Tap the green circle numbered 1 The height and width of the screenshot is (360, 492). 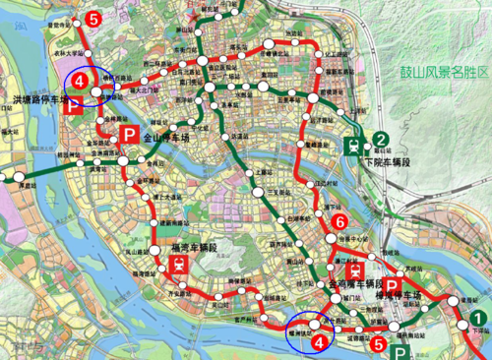tap(475, 317)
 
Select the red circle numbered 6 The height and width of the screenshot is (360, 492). tap(339, 221)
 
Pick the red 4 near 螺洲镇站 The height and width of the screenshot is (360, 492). tap(317, 339)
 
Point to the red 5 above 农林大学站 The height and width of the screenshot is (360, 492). tap(92, 18)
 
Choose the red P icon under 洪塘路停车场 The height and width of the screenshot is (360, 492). tap(70, 108)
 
